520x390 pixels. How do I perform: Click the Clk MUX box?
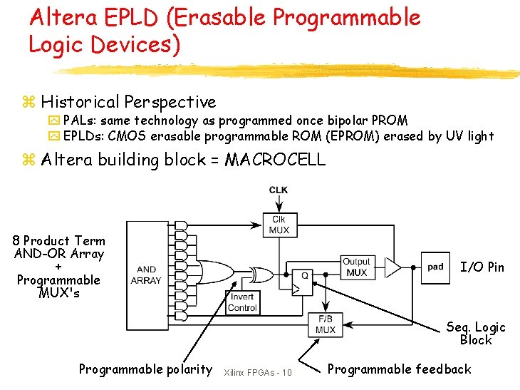tap(279, 225)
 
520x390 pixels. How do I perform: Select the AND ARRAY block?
tap(146, 274)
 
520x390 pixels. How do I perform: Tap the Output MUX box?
tap(356, 267)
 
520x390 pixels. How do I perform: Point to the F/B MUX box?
tap(325, 324)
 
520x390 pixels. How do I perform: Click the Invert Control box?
tap(242, 302)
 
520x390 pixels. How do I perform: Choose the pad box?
tap(435, 267)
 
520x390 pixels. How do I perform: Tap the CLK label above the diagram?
tap(279, 190)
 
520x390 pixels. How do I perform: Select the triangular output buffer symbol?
tap(392, 267)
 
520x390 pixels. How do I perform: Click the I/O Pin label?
tap(482, 267)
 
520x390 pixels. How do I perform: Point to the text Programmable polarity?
tap(145, 369)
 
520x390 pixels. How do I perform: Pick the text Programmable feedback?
tap(399, 369)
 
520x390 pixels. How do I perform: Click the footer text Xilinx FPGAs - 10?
tap(257, 373)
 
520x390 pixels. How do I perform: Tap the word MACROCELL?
tap(275, 160)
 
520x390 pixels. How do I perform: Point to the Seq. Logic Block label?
tap(476, 334)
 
